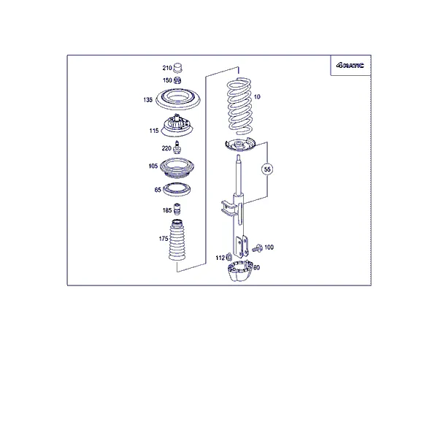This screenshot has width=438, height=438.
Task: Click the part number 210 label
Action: click(167, 68)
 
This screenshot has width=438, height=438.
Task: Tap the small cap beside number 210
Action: click(177, 68)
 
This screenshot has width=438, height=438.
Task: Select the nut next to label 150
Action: click(177, 80)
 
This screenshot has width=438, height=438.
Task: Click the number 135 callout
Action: click(147, 100)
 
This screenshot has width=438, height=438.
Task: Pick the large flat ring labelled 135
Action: click(178, 99)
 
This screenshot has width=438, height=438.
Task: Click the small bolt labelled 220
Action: click(177, 147)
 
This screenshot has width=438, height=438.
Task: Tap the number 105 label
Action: click(153, 166)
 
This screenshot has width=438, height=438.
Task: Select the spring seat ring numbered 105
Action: click(177, 169)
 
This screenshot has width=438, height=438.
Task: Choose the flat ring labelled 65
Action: click(177, 189)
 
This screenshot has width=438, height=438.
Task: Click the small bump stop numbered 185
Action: click(177, 209)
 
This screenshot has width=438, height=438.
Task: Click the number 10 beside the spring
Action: click(257, 97)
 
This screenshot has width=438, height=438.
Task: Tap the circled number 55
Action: click(267, 169)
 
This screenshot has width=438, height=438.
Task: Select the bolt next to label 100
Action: click(257, 248)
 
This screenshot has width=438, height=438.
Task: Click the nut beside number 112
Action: click(229, 257)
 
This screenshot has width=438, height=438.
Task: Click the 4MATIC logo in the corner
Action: click(350, 66)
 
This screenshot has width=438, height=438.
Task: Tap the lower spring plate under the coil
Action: click(240, 145)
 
